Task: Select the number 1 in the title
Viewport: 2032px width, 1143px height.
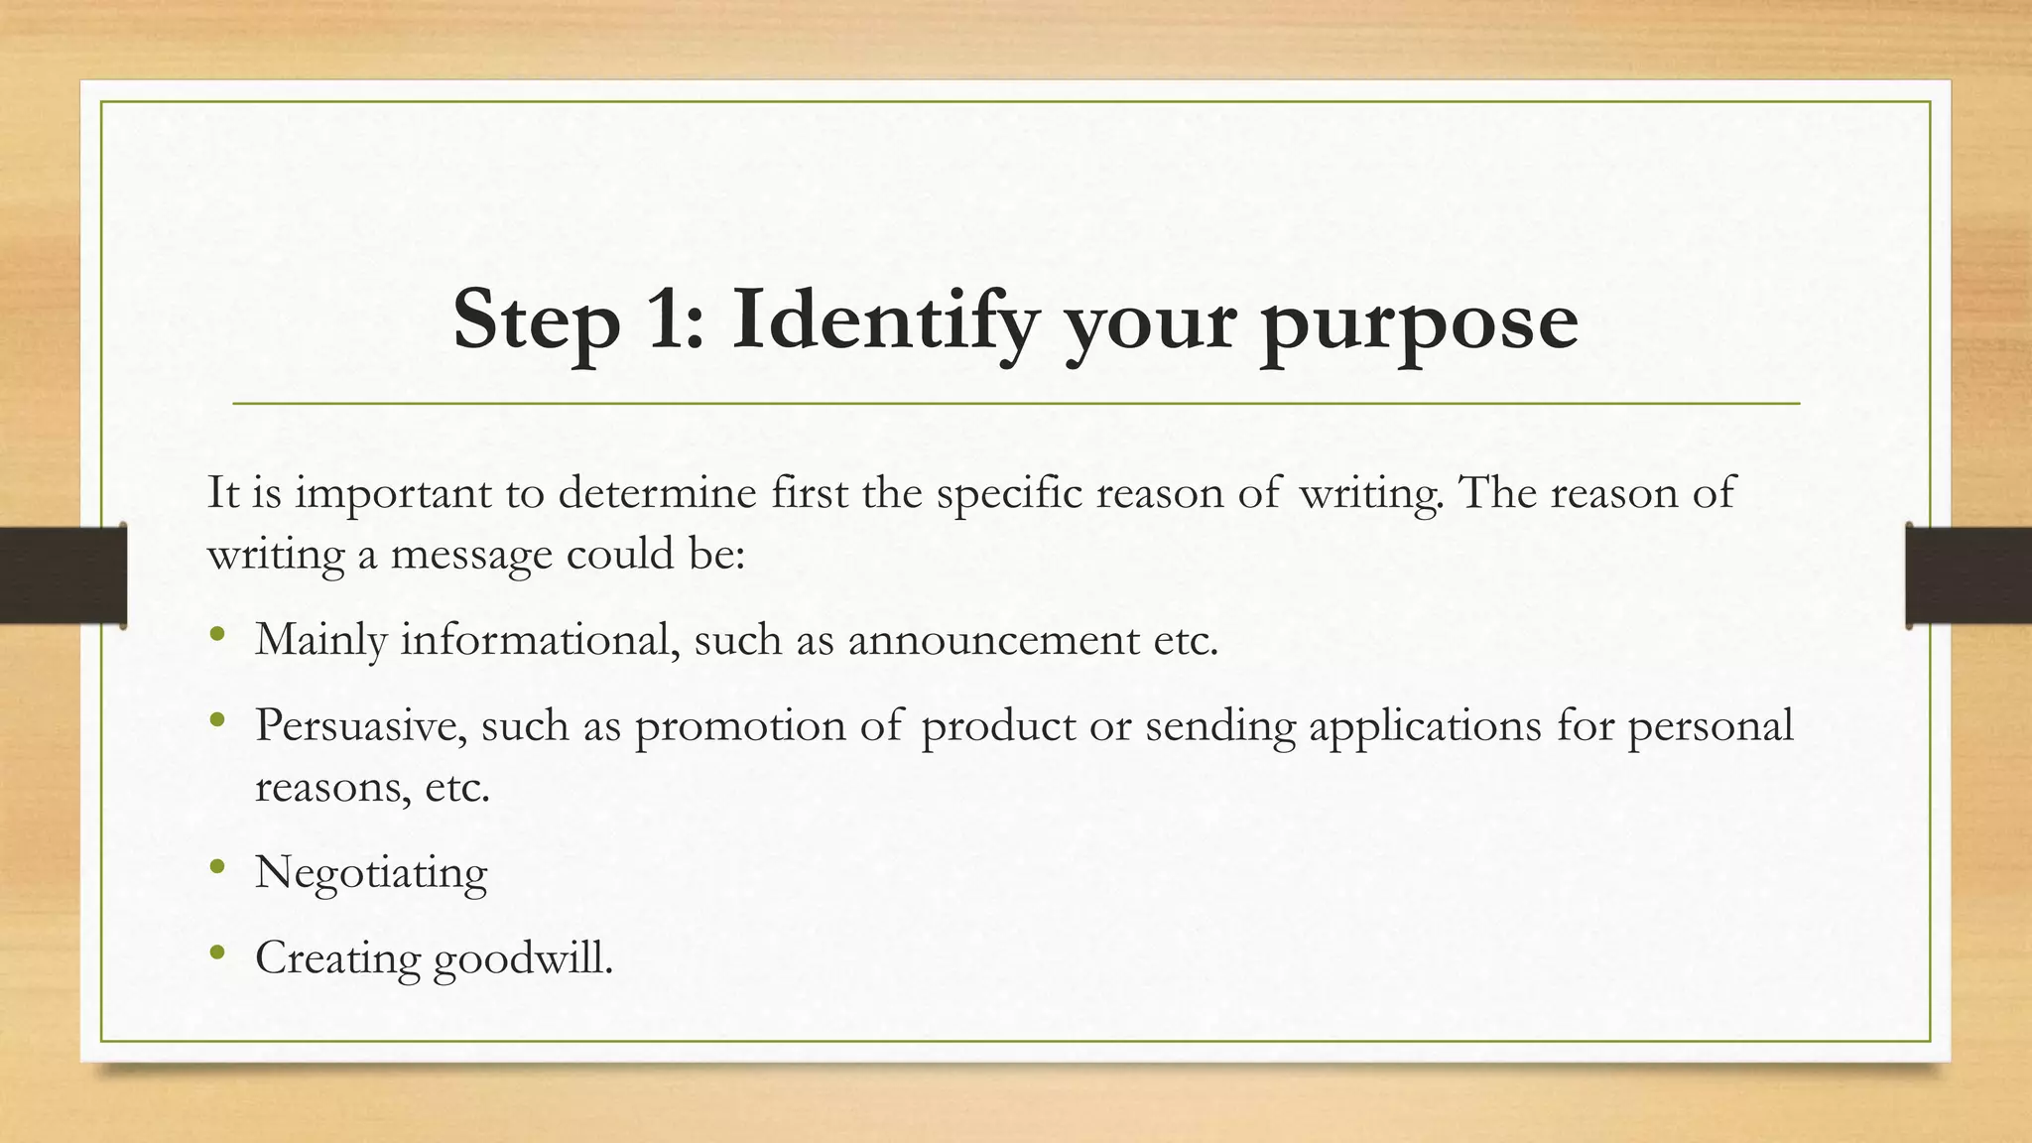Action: click(x=673, y=319)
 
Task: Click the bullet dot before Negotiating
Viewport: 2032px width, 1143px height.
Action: click(x=217, y=869)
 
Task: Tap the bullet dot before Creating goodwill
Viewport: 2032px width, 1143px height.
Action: click(x=217, y=954)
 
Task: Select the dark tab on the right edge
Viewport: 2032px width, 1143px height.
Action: click(x=1968, y=575)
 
